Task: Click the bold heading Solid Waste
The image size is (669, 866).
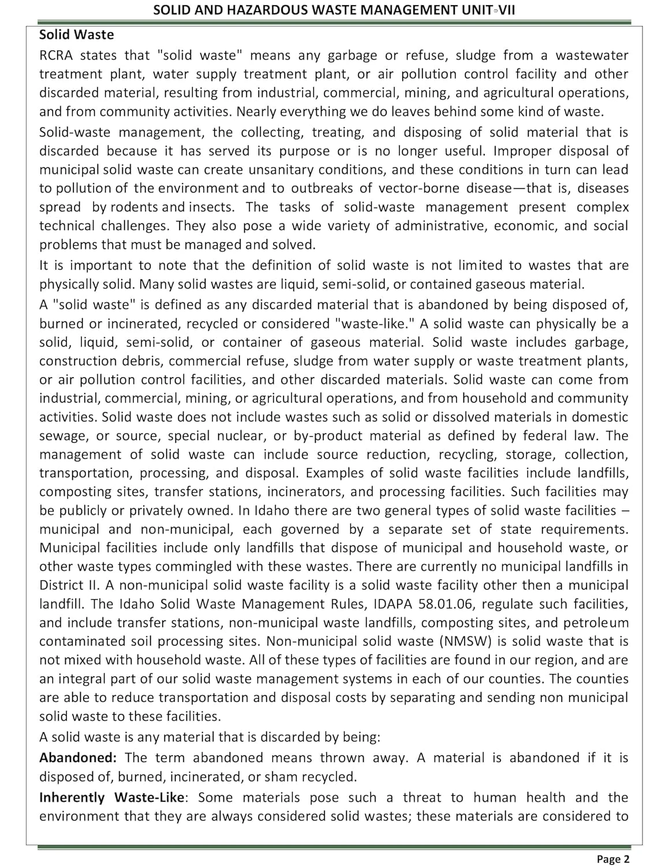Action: [x=76, y=35]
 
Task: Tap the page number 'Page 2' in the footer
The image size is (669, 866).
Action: [x=613, y=859]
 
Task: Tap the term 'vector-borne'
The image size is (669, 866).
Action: [x=413, y=188]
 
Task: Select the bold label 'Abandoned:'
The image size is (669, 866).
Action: [x=78, y=757]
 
